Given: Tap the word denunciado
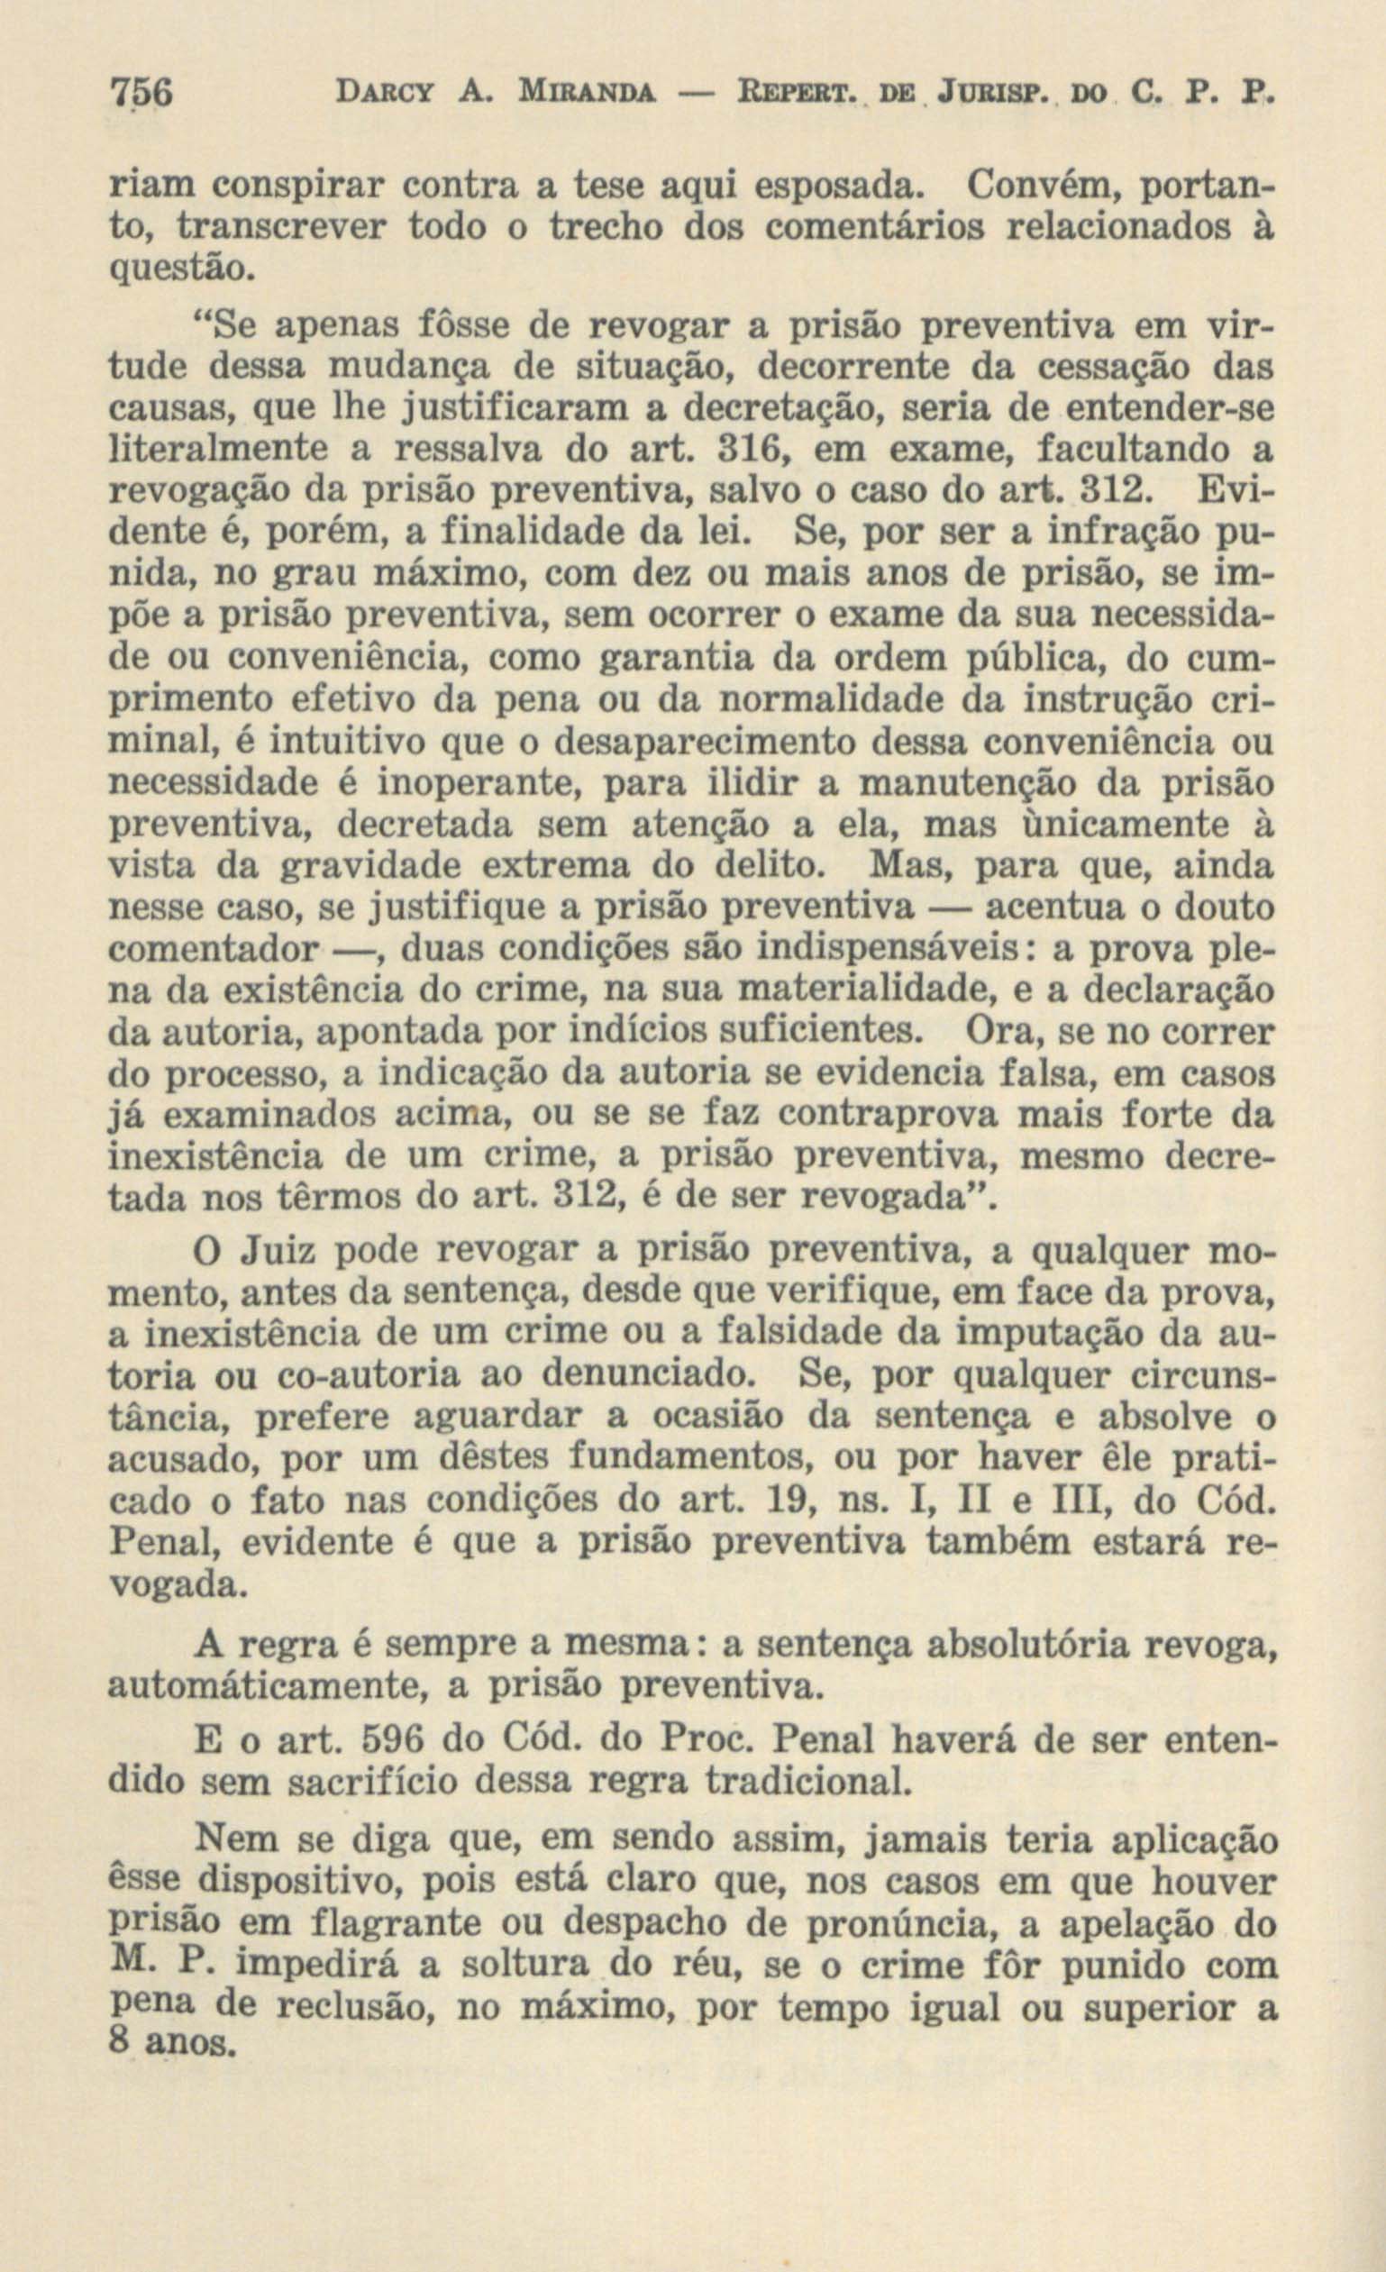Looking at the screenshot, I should point(648,1374).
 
